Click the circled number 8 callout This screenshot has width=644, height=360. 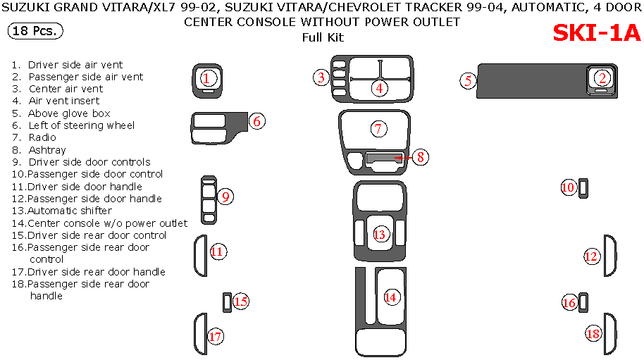(x=420, y=157)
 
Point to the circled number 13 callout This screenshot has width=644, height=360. (x=380, y=234)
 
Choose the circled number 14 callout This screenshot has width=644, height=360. (x=390, y=297)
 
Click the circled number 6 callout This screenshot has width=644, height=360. (x=257, y=121)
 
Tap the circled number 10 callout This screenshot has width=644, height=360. (x=568, y=187)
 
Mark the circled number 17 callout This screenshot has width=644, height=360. (x=215, y=337)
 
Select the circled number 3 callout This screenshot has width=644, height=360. (x=321, y=77)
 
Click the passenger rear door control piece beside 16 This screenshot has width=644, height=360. (x=584, y=302)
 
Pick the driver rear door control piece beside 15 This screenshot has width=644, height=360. (x=227, y=302)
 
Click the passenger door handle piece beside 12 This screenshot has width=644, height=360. (x=610, y=256)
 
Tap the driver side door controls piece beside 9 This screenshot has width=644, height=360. (x=208, y=199)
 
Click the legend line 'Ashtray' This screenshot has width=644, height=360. (x=47, y=150)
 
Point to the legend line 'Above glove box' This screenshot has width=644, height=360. (x=69, y=113)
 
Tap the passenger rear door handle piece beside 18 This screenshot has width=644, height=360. (x=610, y=333)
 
